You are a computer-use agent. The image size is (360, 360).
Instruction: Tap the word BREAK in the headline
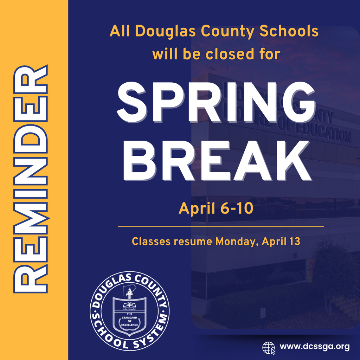click(x=216, y=161)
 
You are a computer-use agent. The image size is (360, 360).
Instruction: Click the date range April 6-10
click(x=216, y=208)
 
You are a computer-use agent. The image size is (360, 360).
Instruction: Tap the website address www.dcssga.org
click(x=314, y=347)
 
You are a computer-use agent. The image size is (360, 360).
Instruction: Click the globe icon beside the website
click(x=269, y=347)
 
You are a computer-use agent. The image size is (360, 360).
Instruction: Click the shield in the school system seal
click(x=129, y=315)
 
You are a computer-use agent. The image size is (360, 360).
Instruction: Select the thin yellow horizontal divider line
click(x=221, y=226)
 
